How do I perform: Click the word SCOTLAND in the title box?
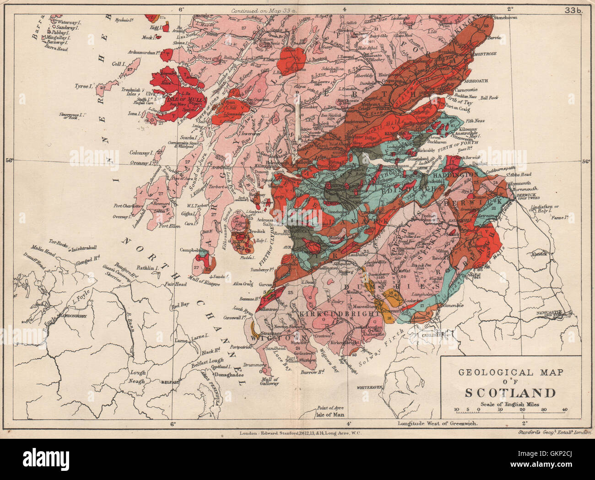[511, 393]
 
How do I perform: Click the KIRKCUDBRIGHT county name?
[337, 315]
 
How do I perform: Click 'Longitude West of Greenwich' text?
[438, 423]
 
